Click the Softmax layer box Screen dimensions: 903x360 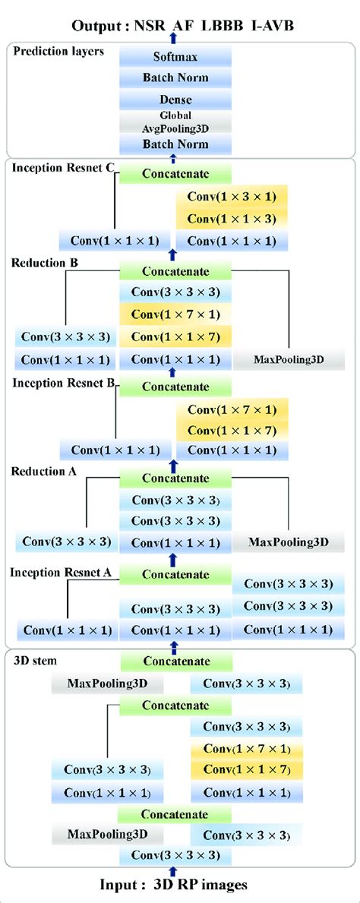coord(175,57)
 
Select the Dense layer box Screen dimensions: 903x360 coord(175,99)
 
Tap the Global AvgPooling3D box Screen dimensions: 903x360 coord(175,121)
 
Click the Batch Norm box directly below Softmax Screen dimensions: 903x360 coord(175,77)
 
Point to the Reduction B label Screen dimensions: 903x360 coord(44,263)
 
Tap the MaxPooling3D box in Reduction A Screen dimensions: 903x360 coord(289,542)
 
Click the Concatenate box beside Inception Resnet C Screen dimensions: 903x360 coord(175,174)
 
